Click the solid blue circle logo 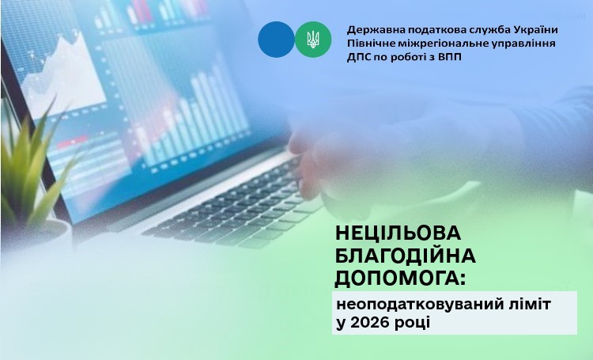[x=276, y=40]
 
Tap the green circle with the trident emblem [x=313, y=40]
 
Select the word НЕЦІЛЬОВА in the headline [x=398, y=233]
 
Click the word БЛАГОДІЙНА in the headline [x=406, y=256]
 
